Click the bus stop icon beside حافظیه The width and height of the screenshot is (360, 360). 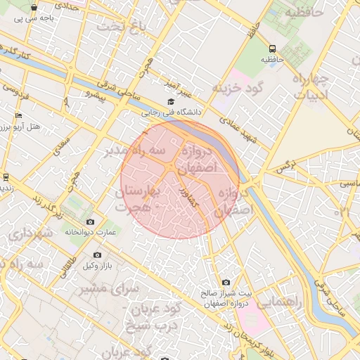pyautogui.click(x=273, y=49)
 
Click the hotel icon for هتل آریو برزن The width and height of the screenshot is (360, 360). pyautogui.click(x=18, y=116)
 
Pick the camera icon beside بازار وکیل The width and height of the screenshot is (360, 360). pyautogui.click(x=97, y=255)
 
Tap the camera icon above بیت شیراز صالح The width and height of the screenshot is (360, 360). pyautogui.click(x=226, y=282)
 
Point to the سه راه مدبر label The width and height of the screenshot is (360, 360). pyautogui.click(x=135, y=150)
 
